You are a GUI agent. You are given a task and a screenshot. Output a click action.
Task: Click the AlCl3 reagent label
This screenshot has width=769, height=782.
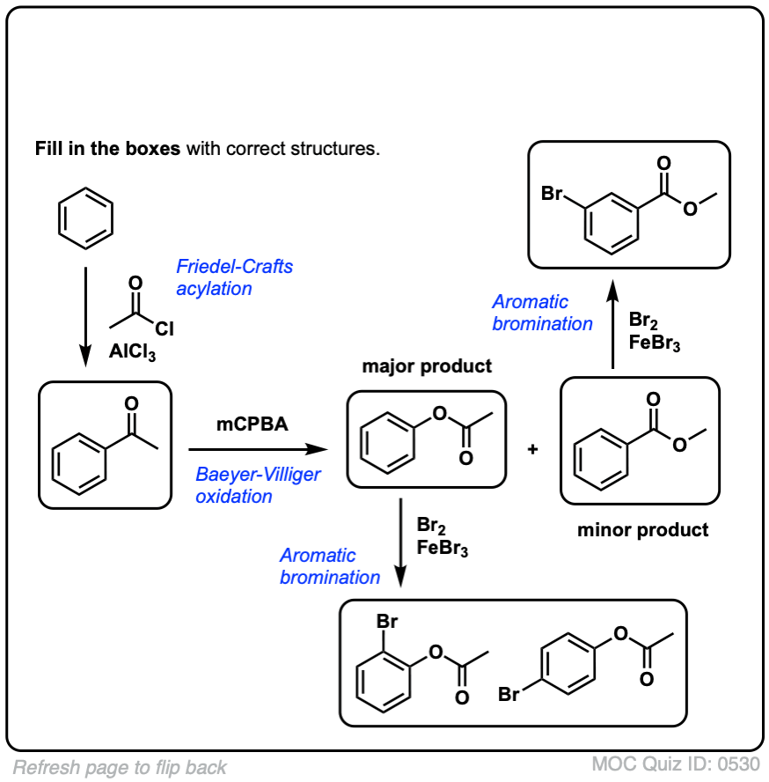tap(134, 352)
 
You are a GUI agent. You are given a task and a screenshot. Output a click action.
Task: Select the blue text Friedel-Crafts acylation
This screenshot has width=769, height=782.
tap(234, 277)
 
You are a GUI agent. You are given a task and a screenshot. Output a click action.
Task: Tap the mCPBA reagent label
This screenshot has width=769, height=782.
tap(253, 425)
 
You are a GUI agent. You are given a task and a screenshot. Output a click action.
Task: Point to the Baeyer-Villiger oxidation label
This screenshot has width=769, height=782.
tap(258, 485)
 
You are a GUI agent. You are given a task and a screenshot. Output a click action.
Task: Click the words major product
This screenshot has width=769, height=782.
tap(427, 366)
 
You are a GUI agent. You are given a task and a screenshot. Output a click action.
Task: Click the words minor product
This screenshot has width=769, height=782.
tap(642, 530)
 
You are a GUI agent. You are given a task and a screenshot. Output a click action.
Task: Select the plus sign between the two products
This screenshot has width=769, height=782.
tap(532, 449)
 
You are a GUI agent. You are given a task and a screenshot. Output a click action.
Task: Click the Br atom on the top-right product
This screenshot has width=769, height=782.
tap(552, 193)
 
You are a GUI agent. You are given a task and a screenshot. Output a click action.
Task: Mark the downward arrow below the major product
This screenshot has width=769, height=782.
tap(402, 542)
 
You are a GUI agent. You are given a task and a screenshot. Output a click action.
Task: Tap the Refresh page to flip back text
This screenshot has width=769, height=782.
tap(120, 767)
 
